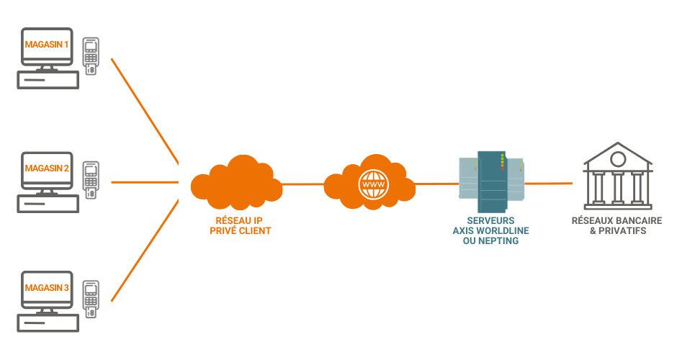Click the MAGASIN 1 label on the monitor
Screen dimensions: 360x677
[47, 45]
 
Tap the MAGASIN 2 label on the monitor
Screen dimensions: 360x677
[47, 168]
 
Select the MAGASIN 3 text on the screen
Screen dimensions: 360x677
[47, 288]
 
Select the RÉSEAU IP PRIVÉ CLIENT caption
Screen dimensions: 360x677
[236, 225]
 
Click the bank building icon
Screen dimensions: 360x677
[618, 177]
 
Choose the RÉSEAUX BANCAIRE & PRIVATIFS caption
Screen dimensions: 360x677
[618, 225]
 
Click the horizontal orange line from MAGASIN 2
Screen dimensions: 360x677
[144, 182]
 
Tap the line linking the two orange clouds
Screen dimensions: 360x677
[302, 184]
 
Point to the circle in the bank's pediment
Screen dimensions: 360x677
[617, 158]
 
